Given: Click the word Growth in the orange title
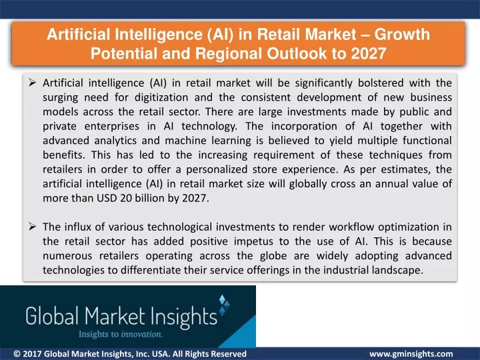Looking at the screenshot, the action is pyautogui.click(x=402, y=34).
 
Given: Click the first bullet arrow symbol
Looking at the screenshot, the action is pyautogui.click(x=32, y=83).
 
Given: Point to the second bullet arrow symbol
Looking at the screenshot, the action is pyautogui.click(x=32, y=227).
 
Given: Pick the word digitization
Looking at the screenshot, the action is pyautogui.click(x=161, y=97).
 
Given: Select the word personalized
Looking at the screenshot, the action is pyautogui.click(x=217, y=169).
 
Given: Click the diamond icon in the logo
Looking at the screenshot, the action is pyautogui.click(x=225, y=304).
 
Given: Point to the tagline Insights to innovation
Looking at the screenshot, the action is pyautogui.click(x=121, y=334).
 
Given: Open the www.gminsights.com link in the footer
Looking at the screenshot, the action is pyautogui.click(x=411, y=354).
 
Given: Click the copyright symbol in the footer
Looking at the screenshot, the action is pyautogui.click(x=17, y=354).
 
